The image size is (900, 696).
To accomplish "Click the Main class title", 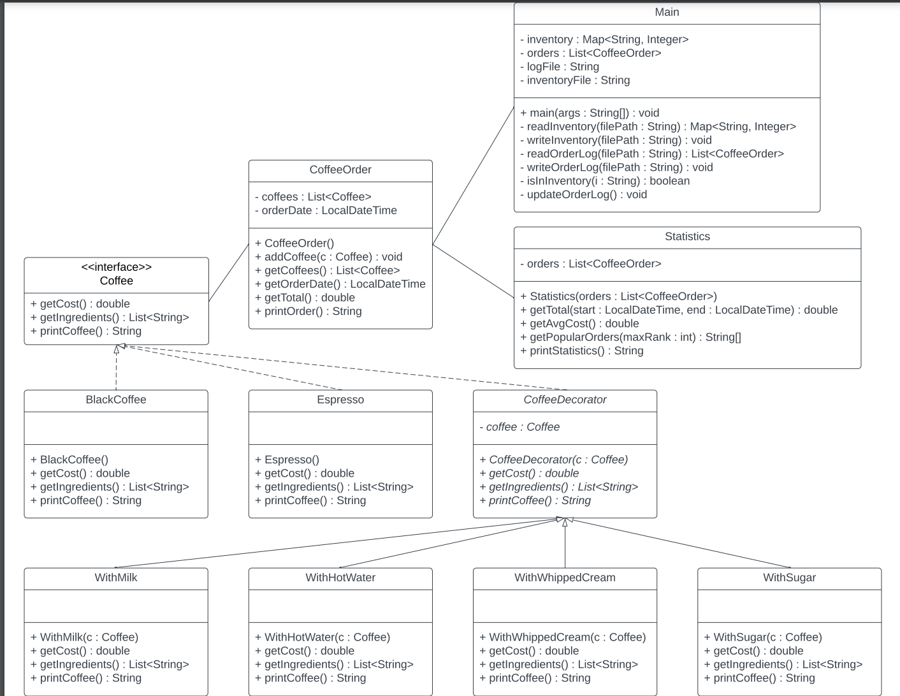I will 667,12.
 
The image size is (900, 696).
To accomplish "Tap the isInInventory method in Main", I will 607,181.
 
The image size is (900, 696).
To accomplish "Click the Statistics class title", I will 687,236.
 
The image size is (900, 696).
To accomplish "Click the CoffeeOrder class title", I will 340,170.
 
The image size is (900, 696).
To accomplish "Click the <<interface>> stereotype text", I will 116,267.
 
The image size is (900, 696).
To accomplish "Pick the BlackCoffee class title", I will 116,400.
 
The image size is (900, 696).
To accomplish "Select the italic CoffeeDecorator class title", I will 565,400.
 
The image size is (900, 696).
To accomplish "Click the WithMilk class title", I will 116,577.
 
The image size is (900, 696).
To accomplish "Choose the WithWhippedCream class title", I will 565,577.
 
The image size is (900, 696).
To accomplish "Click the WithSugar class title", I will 789,577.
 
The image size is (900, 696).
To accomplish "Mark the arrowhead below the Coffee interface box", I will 117,349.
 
